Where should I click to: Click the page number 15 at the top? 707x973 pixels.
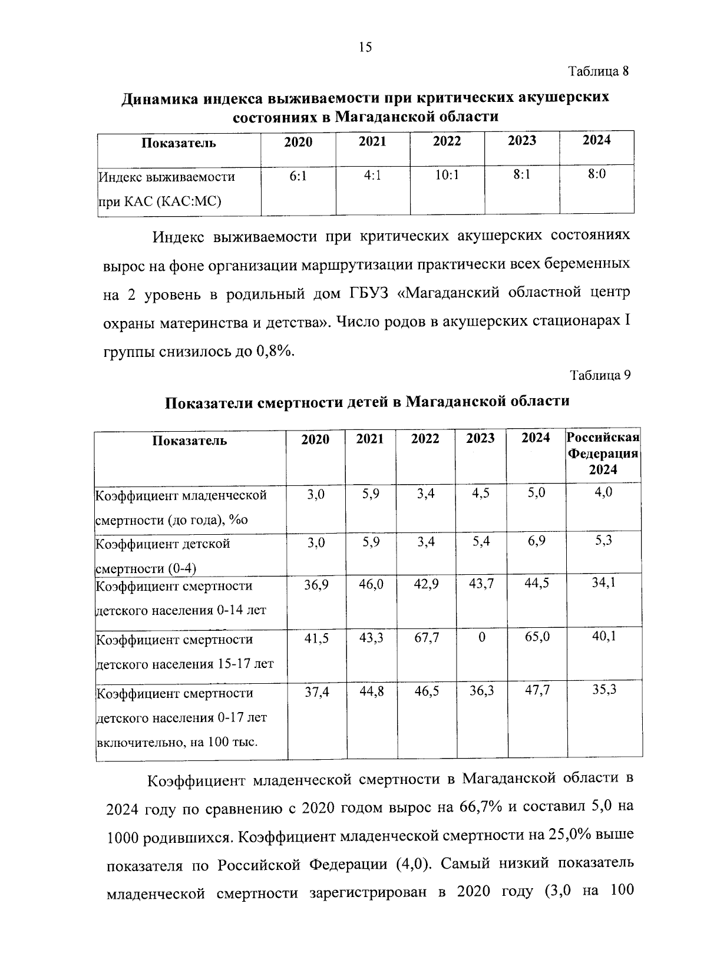pos(365,48)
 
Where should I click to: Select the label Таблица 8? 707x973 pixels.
pos(599,72)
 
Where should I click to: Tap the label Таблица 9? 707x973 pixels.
pos(600,375)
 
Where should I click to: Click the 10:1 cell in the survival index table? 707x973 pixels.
pos(447,175)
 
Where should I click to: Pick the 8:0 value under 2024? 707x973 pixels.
pos(596,174)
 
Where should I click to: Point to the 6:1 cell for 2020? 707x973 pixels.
pos(298,176)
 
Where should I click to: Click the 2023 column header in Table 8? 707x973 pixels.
pos(521,140)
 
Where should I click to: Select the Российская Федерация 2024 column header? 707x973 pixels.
pos(603,454)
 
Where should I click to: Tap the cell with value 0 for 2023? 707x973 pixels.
pos(481,638)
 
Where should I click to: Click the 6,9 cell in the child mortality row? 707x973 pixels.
pos(536,541)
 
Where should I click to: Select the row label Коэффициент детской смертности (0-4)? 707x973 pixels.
pos(163,555)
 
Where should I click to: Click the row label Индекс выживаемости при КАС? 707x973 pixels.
pos(166,189)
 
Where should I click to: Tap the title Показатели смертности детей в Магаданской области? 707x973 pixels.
pos(366,402)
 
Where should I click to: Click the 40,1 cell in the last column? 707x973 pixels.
pos(604,637)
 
